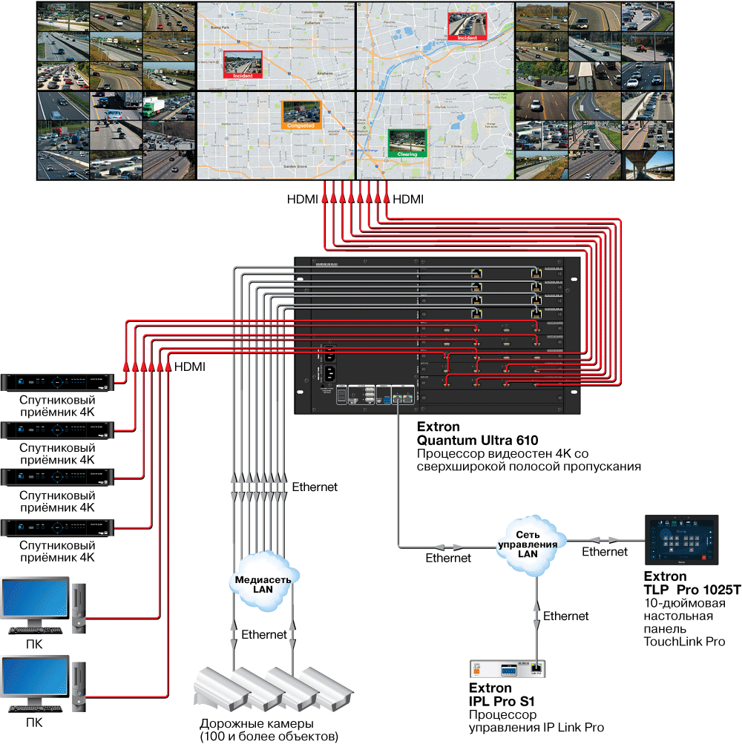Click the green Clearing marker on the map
[x=407, y=143]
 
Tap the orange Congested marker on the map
[x=301, y=115]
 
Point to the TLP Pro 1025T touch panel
[x=682, y=540]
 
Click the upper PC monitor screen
[x=35, y=602]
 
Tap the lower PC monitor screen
[x=35, y=679]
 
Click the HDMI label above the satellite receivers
[x=189, y=366]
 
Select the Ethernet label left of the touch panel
[x=605, y=551]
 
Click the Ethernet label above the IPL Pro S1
[x=565, y=616]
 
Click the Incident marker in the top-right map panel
[x=467, y=26]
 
